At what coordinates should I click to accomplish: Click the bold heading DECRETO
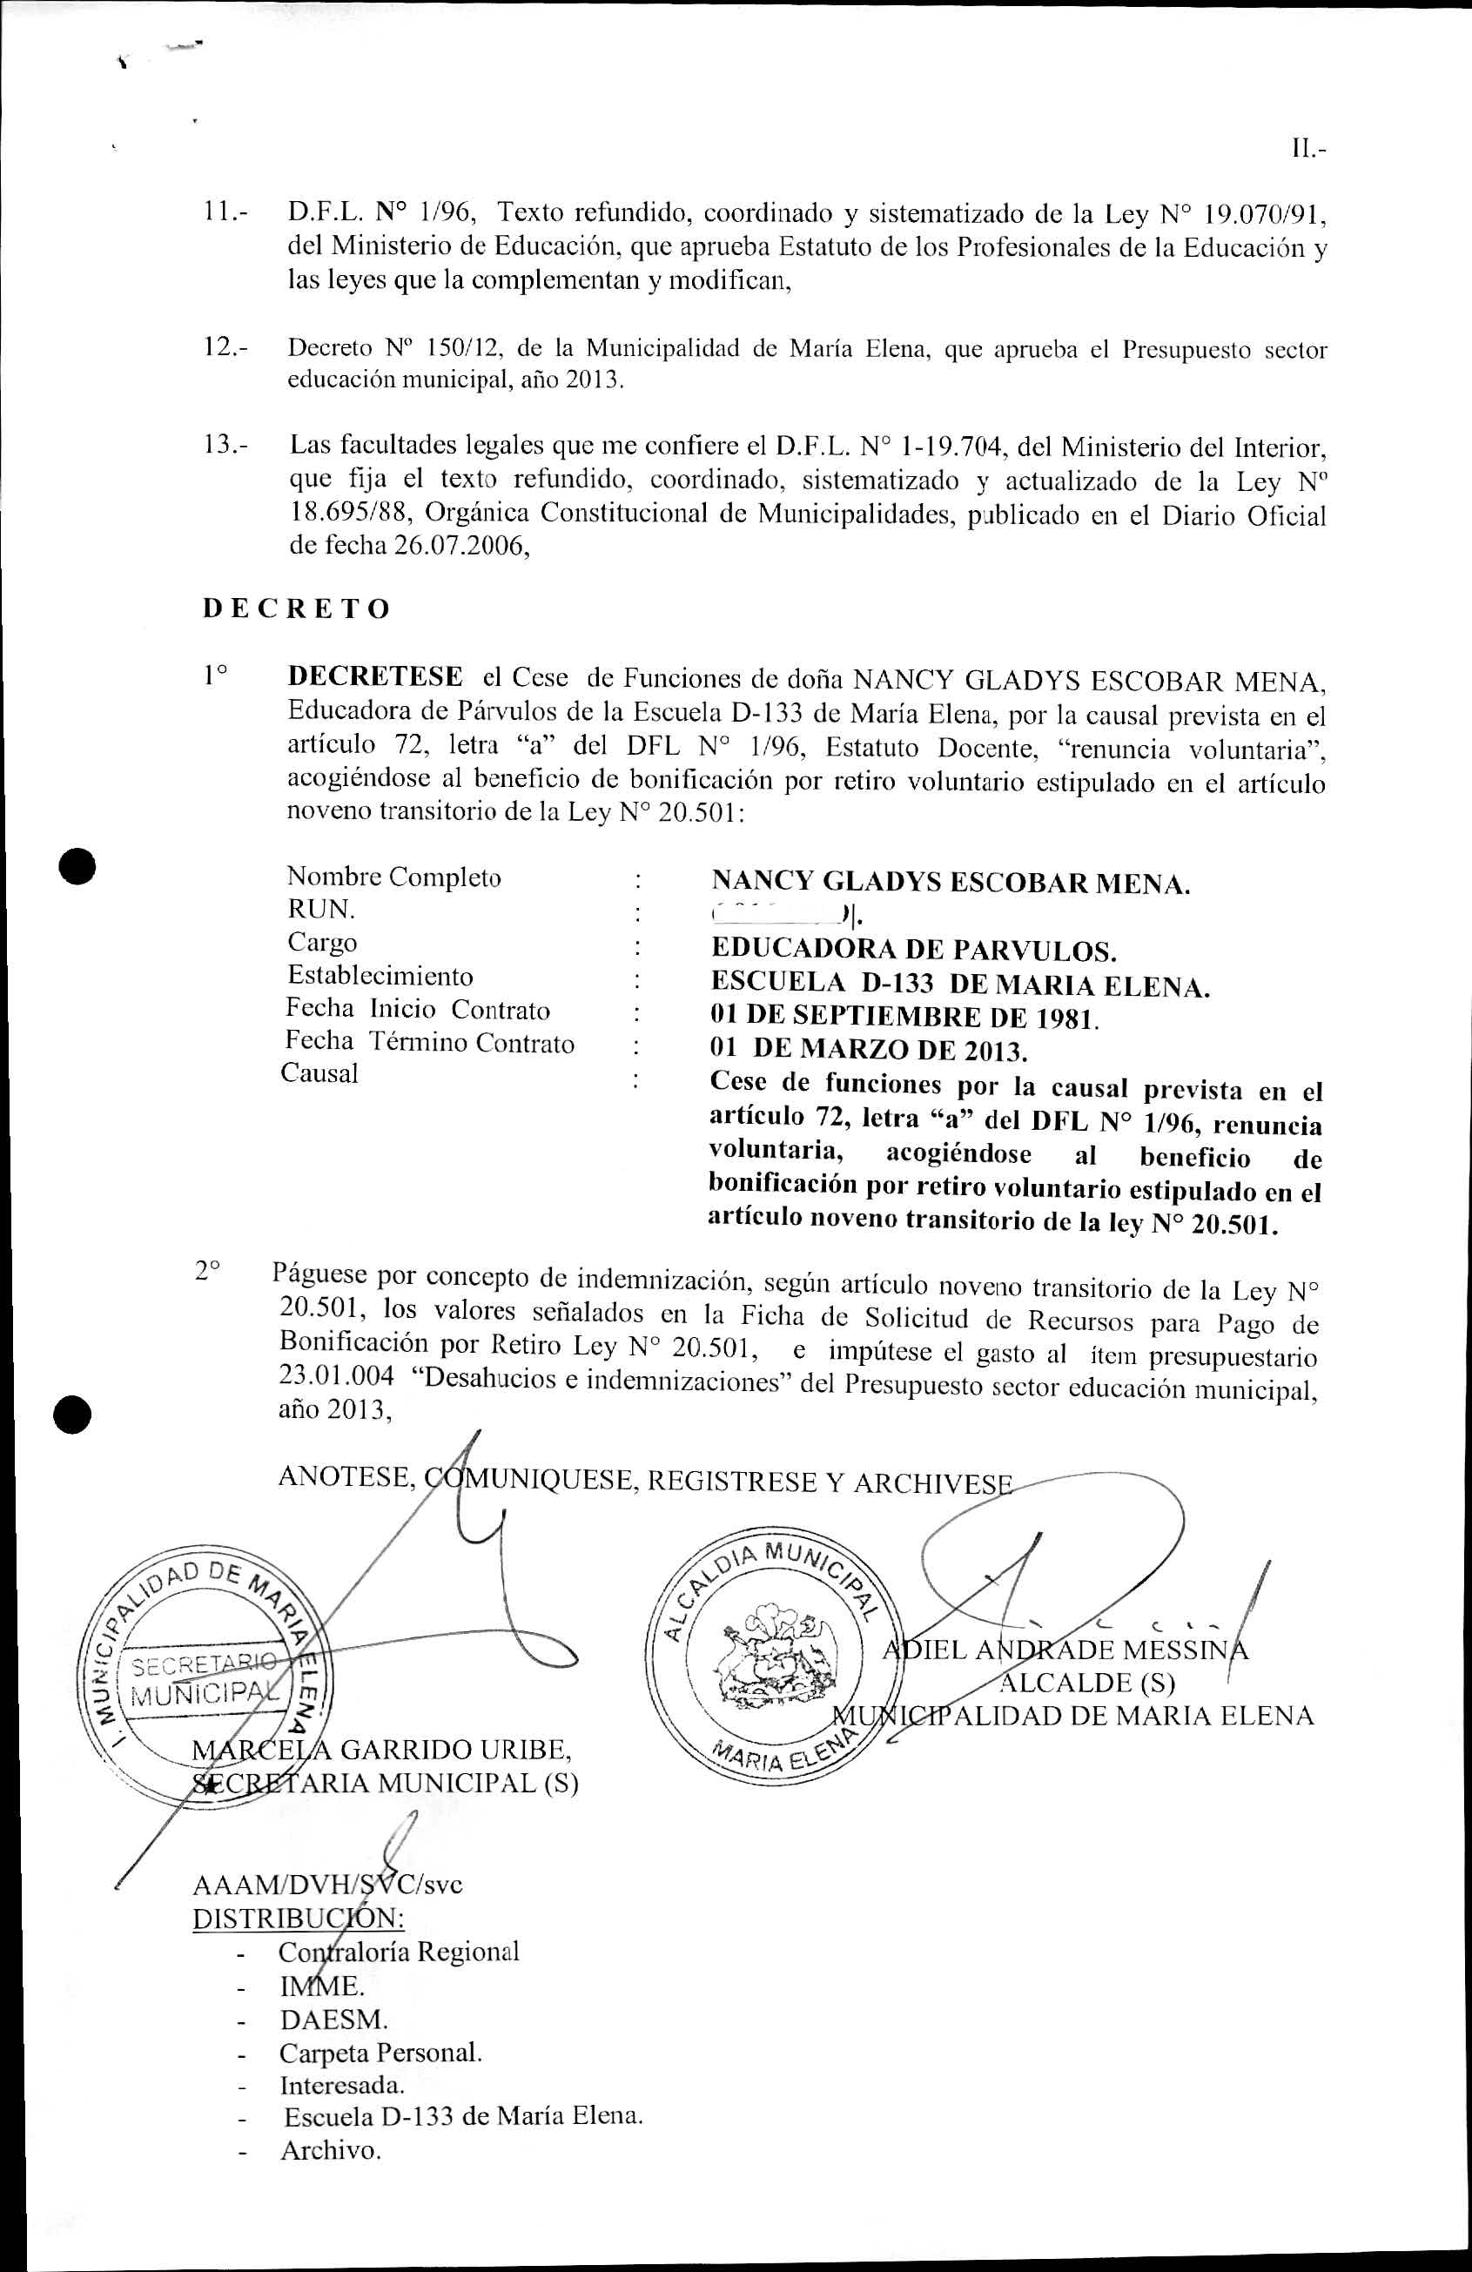point(296,609)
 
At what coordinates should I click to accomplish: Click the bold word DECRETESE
point(375,677)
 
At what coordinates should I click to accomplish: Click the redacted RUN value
point(783,916)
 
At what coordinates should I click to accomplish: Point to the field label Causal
point(319,1073)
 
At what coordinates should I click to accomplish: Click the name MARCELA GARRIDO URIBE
point(382,1750)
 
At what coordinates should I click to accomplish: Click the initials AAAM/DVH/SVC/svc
point(327,1885)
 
